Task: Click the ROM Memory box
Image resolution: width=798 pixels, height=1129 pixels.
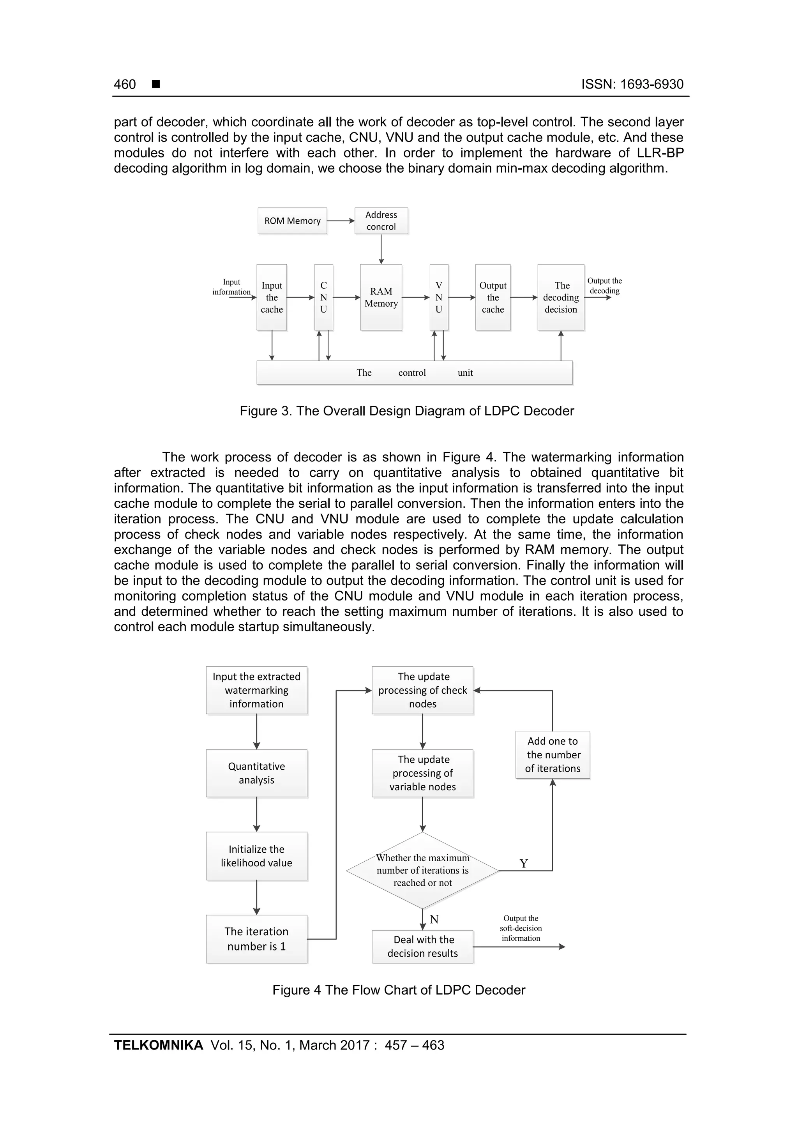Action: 292,221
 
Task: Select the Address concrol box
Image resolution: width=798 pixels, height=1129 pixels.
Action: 381,221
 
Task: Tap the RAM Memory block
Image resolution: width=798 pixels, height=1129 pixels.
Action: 381,297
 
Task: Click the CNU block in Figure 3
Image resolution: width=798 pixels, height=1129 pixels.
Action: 323,297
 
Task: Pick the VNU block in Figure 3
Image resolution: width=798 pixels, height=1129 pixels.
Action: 439,297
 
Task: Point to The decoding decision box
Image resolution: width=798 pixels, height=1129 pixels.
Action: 561,297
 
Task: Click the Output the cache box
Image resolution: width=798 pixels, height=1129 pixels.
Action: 493,297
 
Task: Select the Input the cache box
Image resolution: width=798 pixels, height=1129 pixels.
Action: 272,297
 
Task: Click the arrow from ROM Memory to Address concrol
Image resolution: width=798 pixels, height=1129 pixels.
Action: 341,221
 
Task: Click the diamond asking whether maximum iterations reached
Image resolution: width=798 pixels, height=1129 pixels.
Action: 422,870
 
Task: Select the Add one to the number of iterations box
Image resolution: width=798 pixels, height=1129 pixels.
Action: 553,754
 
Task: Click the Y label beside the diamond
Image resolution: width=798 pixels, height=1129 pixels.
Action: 524,864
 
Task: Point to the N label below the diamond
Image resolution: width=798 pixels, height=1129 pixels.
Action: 434,919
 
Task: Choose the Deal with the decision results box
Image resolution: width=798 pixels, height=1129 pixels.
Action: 422,946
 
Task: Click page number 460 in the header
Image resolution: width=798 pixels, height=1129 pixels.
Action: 125,85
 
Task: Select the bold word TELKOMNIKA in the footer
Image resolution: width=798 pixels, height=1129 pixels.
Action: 158,1045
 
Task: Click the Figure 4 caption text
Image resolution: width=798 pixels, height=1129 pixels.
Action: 399,990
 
